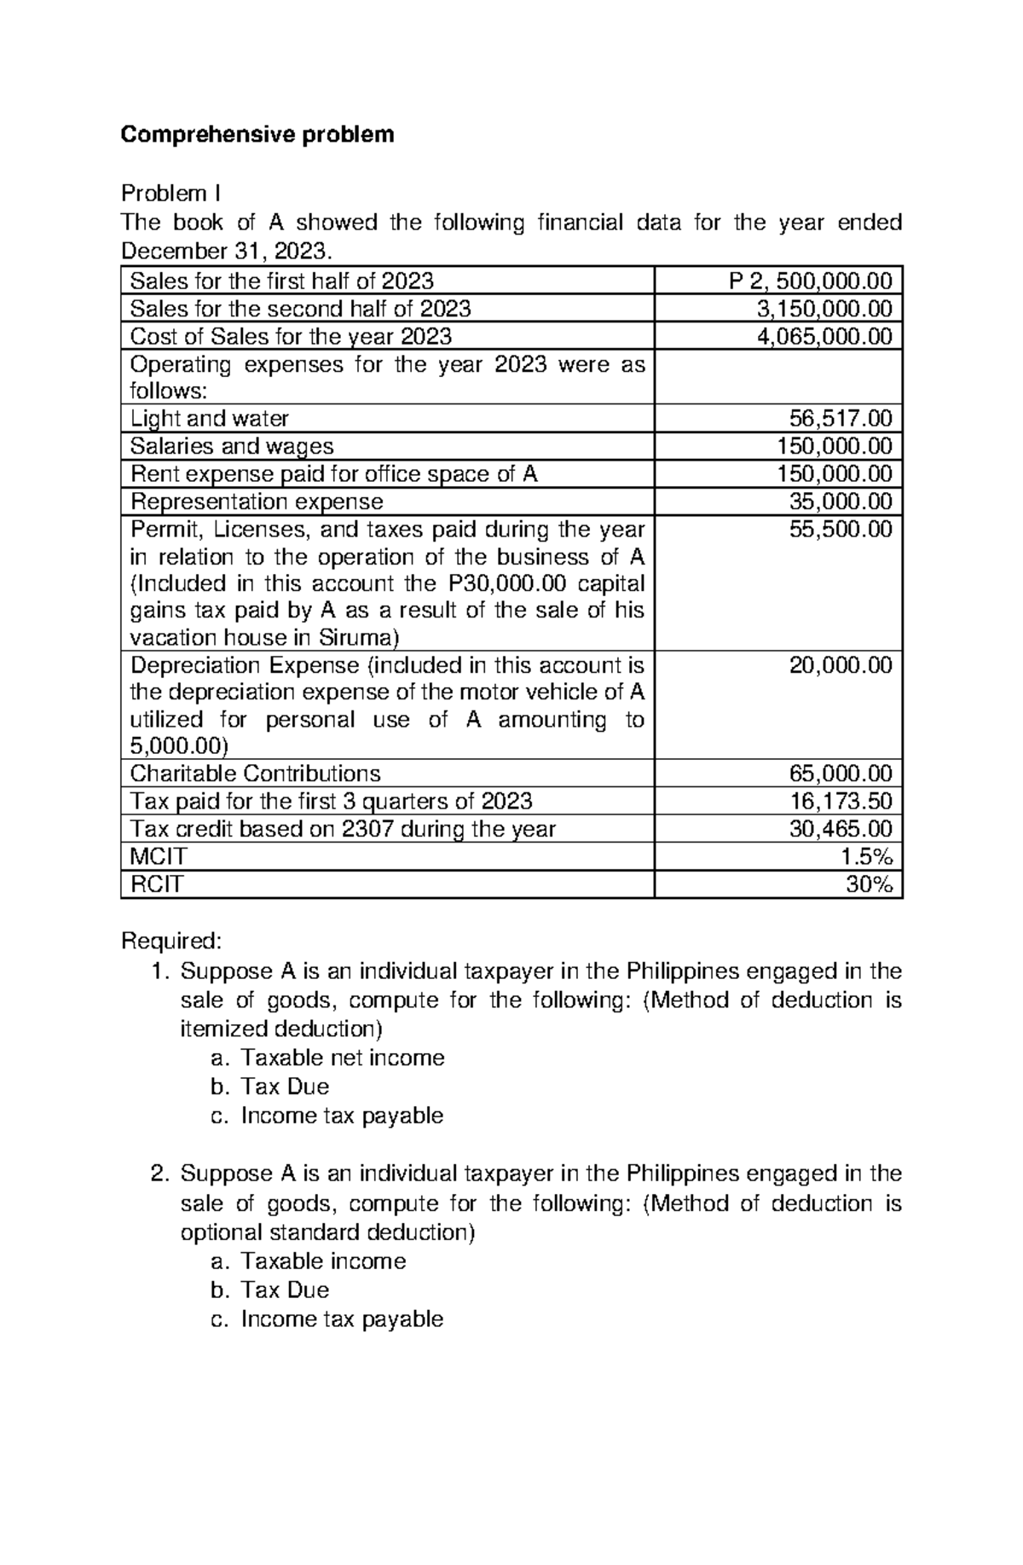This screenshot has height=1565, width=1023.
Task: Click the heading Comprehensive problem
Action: point(257,135)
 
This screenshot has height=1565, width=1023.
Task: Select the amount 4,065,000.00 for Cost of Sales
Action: point(824,336)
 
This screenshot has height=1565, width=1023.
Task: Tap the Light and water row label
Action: point(210,419)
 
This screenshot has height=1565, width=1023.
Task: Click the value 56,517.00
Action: point(841,419)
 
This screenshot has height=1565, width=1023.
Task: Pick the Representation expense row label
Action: point(257,501)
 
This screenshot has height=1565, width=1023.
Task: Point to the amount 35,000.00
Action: point(841,501)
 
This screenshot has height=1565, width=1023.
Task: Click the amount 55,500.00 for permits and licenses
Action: point(841,530)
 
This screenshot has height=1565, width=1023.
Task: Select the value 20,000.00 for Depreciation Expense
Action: point(841,665)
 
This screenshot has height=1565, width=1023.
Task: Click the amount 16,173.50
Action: point(841,801)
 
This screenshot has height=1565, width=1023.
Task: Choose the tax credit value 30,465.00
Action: point(841,829)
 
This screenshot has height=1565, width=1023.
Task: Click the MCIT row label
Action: point(158,856)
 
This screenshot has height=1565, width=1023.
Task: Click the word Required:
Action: point(171,941)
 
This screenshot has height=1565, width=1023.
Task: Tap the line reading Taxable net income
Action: point(343,1058)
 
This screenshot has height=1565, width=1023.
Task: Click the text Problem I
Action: point(170,194)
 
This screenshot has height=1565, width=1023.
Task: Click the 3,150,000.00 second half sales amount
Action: point(824,308)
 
